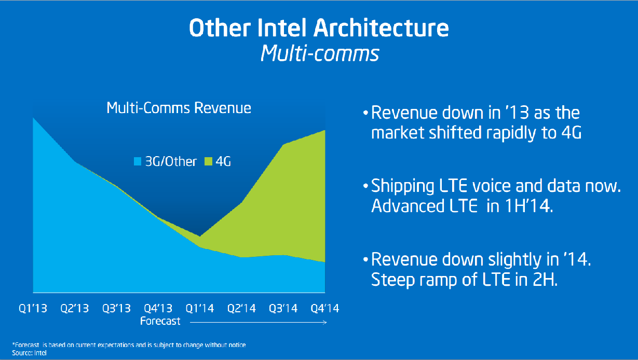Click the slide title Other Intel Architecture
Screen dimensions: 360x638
319,29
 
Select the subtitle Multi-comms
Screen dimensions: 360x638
319,53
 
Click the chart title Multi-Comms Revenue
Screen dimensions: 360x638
179,108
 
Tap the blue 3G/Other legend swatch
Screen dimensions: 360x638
138,161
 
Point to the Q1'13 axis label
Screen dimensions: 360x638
33,308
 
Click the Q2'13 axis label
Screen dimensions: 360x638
74,308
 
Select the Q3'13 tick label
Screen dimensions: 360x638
116,308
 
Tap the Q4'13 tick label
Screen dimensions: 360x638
158,308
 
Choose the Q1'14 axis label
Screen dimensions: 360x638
200,308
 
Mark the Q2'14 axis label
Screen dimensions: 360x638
241,308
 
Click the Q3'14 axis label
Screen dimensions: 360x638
283,308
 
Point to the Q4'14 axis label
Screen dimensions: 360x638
324,308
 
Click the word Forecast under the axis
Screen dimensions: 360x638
160,321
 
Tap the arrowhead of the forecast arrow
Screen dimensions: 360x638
325,322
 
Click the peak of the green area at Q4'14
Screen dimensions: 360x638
324,131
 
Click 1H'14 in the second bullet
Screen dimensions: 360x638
534,206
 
